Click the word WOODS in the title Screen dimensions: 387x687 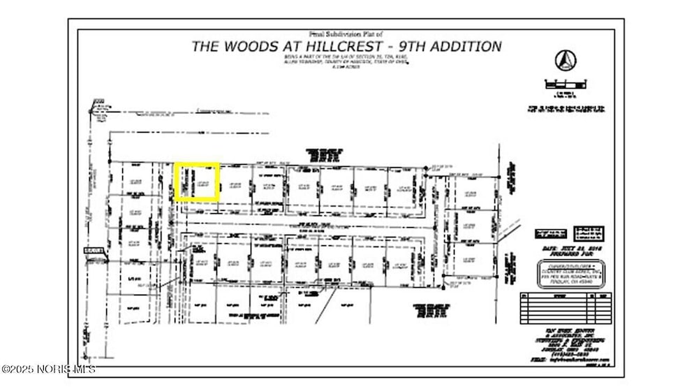coord(257,47)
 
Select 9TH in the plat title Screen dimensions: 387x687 coord(407,47)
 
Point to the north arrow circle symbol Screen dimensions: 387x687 coord(566,61)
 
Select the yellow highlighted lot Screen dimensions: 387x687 coord(197,183)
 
